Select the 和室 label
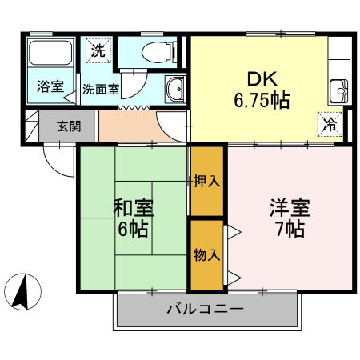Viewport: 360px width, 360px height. tap(134, 207)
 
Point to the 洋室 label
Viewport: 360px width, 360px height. tap(286, 207)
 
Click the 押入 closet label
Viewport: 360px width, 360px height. tap(206, 181)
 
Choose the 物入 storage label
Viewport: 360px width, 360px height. tap(206, 255)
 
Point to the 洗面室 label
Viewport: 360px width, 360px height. tap(102, 90)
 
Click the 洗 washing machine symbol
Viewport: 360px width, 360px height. tap(97, 50)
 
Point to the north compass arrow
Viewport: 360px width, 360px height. tap(25, 291)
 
